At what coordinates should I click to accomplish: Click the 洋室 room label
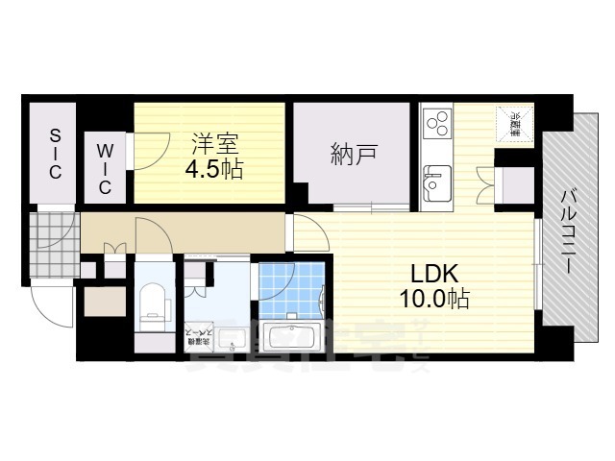pyautogui.click(x=213, y=145)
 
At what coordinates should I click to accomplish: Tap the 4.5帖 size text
pyautogui.click(x=213, y=169)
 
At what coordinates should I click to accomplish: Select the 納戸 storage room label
pyautogui.click(x=353, y=154)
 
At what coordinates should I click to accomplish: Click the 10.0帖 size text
pyautogui.click(x=434, y=299)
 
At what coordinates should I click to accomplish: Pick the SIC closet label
pyautogui.click(x=55, y=154)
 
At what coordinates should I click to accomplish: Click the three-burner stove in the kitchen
pyautogui.click(x=436, y=126)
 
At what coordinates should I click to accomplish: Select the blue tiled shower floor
pyautogui.click(x=292, y=288)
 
